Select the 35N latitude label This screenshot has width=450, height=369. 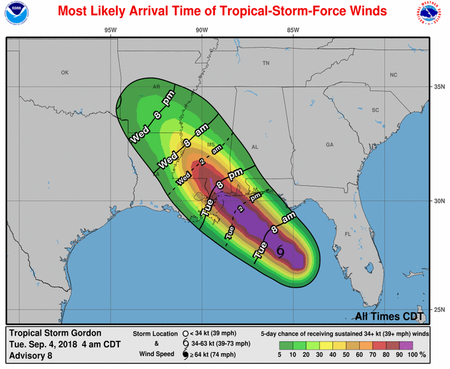(x=439, y=87)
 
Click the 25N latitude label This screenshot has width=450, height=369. (x=439, y=309)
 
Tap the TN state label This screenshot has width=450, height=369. (x=266, y=63)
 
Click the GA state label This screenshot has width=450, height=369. (x=330, y=144)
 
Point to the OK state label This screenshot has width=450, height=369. (x=65, y=73)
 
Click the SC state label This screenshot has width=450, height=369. (x=375, y=110)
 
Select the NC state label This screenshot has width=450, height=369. (x=393, y=75)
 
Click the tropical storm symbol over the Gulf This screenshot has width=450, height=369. (x=280, y=251)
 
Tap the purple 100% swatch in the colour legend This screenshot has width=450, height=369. (x=405, y=345)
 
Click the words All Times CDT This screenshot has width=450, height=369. (x=389, y=316)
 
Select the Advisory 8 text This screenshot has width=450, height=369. (x=30, y=356)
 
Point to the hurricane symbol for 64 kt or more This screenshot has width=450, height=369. (x=185, y=355)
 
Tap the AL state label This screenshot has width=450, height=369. (x=255, y=147)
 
